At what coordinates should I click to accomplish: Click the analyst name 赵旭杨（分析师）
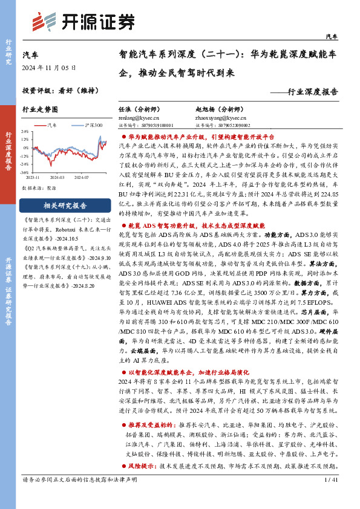(x=233, y=110)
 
